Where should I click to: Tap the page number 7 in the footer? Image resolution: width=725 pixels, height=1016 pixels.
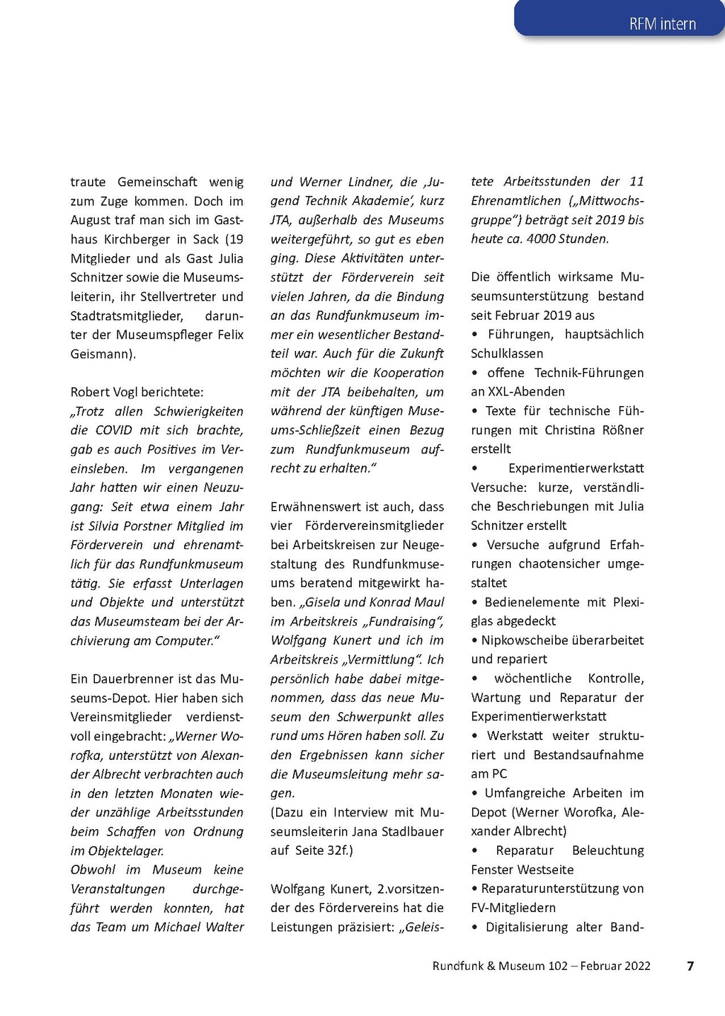pyautogui.click(x=690, y=966)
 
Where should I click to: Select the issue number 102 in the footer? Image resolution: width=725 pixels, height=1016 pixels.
pyautogui.click(x=558, y=966)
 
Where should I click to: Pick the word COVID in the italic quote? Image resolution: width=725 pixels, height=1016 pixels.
pyautogui.click(x=113, y=430)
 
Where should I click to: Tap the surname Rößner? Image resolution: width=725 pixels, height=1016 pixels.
pyautogui.click(x=622, y=430)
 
